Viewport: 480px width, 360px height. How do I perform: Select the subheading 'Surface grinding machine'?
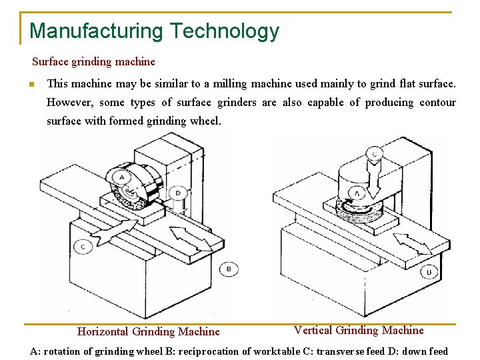93,62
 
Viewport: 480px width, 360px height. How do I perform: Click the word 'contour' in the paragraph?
437,102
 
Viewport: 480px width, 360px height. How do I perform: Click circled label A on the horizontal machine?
121,177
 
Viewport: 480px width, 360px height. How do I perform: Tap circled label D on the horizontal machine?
178,193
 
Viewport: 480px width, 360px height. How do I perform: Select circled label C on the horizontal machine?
83,247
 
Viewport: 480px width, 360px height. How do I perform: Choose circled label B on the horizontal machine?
229,269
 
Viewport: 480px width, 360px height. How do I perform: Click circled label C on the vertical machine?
375,154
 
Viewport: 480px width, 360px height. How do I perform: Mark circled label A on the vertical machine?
357,193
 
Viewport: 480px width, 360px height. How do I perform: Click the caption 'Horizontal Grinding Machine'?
148,331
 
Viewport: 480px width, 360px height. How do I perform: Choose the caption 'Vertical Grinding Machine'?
359,330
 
